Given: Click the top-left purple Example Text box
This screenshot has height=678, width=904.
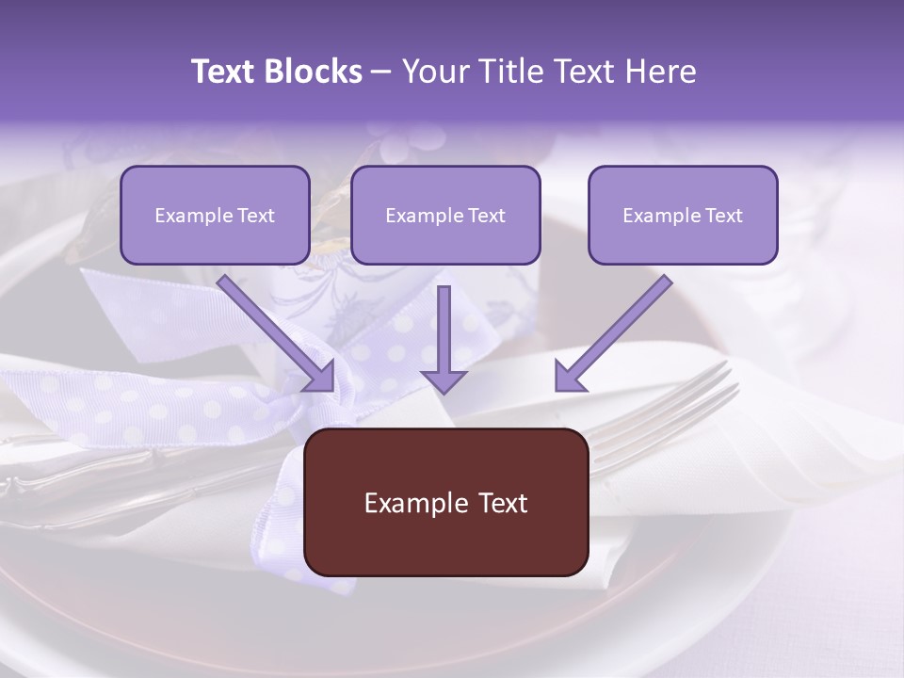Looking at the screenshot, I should pyautogui.click(x=215, y=215).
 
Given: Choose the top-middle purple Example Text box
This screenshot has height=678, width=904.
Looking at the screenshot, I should pyautogui.click(x=445, y=215).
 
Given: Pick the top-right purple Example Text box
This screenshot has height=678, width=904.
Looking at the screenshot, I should pyautogui.click(x=683, y=215).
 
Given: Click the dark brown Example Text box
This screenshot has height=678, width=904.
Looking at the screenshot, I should pyautogui.click(x=445, y=502).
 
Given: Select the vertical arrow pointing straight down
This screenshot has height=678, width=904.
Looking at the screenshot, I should pyautogui.click(x=444, y=339).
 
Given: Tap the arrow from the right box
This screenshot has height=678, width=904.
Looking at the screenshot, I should pyautogui.click(x=613, y=332).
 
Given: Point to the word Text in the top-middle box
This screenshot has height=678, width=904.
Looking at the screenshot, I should pyautogui.click(x=486, y=216).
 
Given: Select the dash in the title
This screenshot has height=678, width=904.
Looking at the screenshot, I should pyautogui.click(x=381, y=72).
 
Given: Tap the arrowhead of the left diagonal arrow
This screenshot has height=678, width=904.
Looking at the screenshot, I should pyautogui.click(x=320, y=377).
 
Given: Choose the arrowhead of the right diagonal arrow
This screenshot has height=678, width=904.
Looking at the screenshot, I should pyautogui.click(x=569, y=377).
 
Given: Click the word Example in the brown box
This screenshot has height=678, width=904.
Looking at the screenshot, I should pyautogui.click(x=415, y=503).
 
